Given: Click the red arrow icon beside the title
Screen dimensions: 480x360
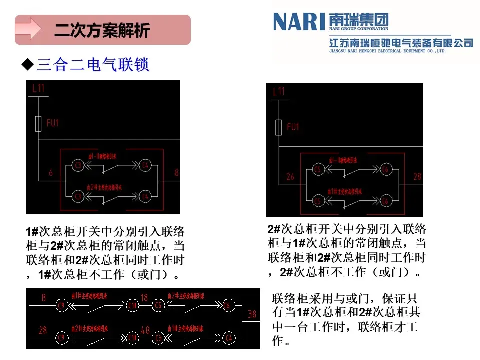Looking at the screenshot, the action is (28, 29).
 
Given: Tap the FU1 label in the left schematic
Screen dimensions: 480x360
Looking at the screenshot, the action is (52, 123).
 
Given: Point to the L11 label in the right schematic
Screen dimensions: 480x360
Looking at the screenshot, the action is (279, 91).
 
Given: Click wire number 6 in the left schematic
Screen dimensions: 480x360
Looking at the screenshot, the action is (50, 173).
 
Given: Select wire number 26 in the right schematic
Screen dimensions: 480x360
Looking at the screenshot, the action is (290, 176).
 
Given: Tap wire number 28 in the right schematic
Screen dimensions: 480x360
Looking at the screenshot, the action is (417, 176).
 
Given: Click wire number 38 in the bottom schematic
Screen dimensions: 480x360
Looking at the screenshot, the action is (252, 314).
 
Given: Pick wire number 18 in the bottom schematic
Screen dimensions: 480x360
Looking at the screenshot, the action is (144, 298).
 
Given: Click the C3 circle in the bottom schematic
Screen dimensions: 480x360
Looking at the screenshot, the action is (158, 338).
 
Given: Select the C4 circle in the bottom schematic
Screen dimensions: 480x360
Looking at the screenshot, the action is (229, 338).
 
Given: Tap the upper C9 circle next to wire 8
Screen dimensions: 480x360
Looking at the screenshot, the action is (62, 305).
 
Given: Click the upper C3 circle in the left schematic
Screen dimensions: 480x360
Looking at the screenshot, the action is (78, 165).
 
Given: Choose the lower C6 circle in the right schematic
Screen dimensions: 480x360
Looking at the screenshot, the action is (385, 201).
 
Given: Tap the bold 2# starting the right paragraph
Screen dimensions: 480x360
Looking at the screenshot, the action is (274, 229).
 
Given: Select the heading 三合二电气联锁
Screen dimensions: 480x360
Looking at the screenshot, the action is (93, 65).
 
